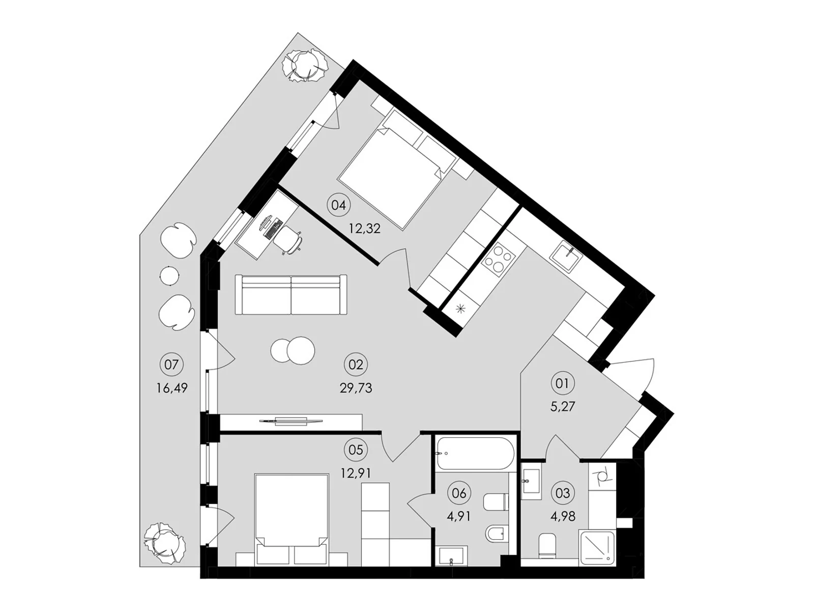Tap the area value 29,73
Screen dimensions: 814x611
pos(356,388)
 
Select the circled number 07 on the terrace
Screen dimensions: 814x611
pos(171,365)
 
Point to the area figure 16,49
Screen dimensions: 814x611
pos(172,388)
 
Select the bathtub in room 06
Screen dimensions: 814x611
pos(475,453)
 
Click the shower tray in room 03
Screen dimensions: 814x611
pos(597,547)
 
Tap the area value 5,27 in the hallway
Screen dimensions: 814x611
pos(562,407)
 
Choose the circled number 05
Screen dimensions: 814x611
pos(356,450)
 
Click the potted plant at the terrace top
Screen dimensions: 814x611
pos(305,66)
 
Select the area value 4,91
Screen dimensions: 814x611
pos(458,517)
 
